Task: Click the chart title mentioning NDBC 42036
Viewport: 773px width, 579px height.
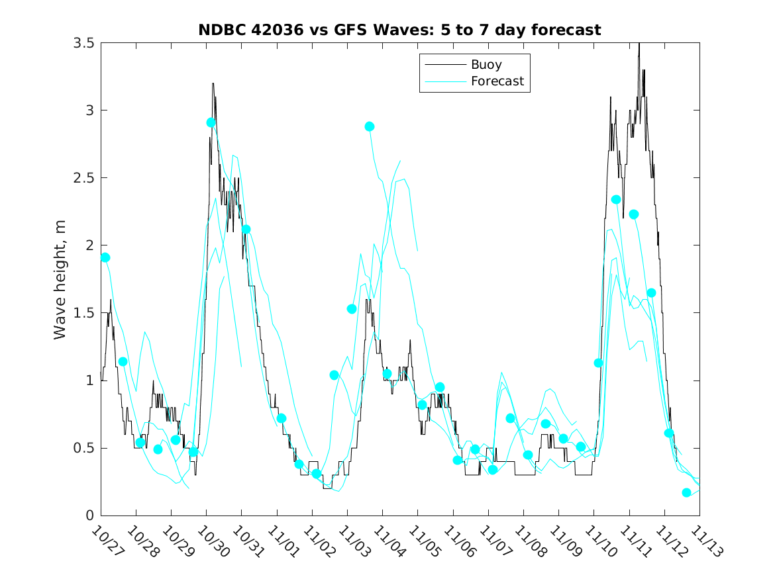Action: point(399,30)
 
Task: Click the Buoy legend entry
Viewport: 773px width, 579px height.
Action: point(486,65)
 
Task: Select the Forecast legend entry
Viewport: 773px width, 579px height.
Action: point(497,81)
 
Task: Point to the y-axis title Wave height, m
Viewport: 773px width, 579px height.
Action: point(60,279)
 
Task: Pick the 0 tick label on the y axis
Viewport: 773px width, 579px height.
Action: point(89,515)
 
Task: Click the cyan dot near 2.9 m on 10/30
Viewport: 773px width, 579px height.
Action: point(211,122)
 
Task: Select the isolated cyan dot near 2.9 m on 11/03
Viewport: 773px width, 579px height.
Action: point(370,126)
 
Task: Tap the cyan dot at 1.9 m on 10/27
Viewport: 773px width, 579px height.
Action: point(105,257)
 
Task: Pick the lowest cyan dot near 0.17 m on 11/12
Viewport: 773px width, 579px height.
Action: point(686,492)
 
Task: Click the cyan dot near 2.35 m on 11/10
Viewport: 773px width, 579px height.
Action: point(616,200)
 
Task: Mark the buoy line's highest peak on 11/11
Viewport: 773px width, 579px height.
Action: point(639,44)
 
